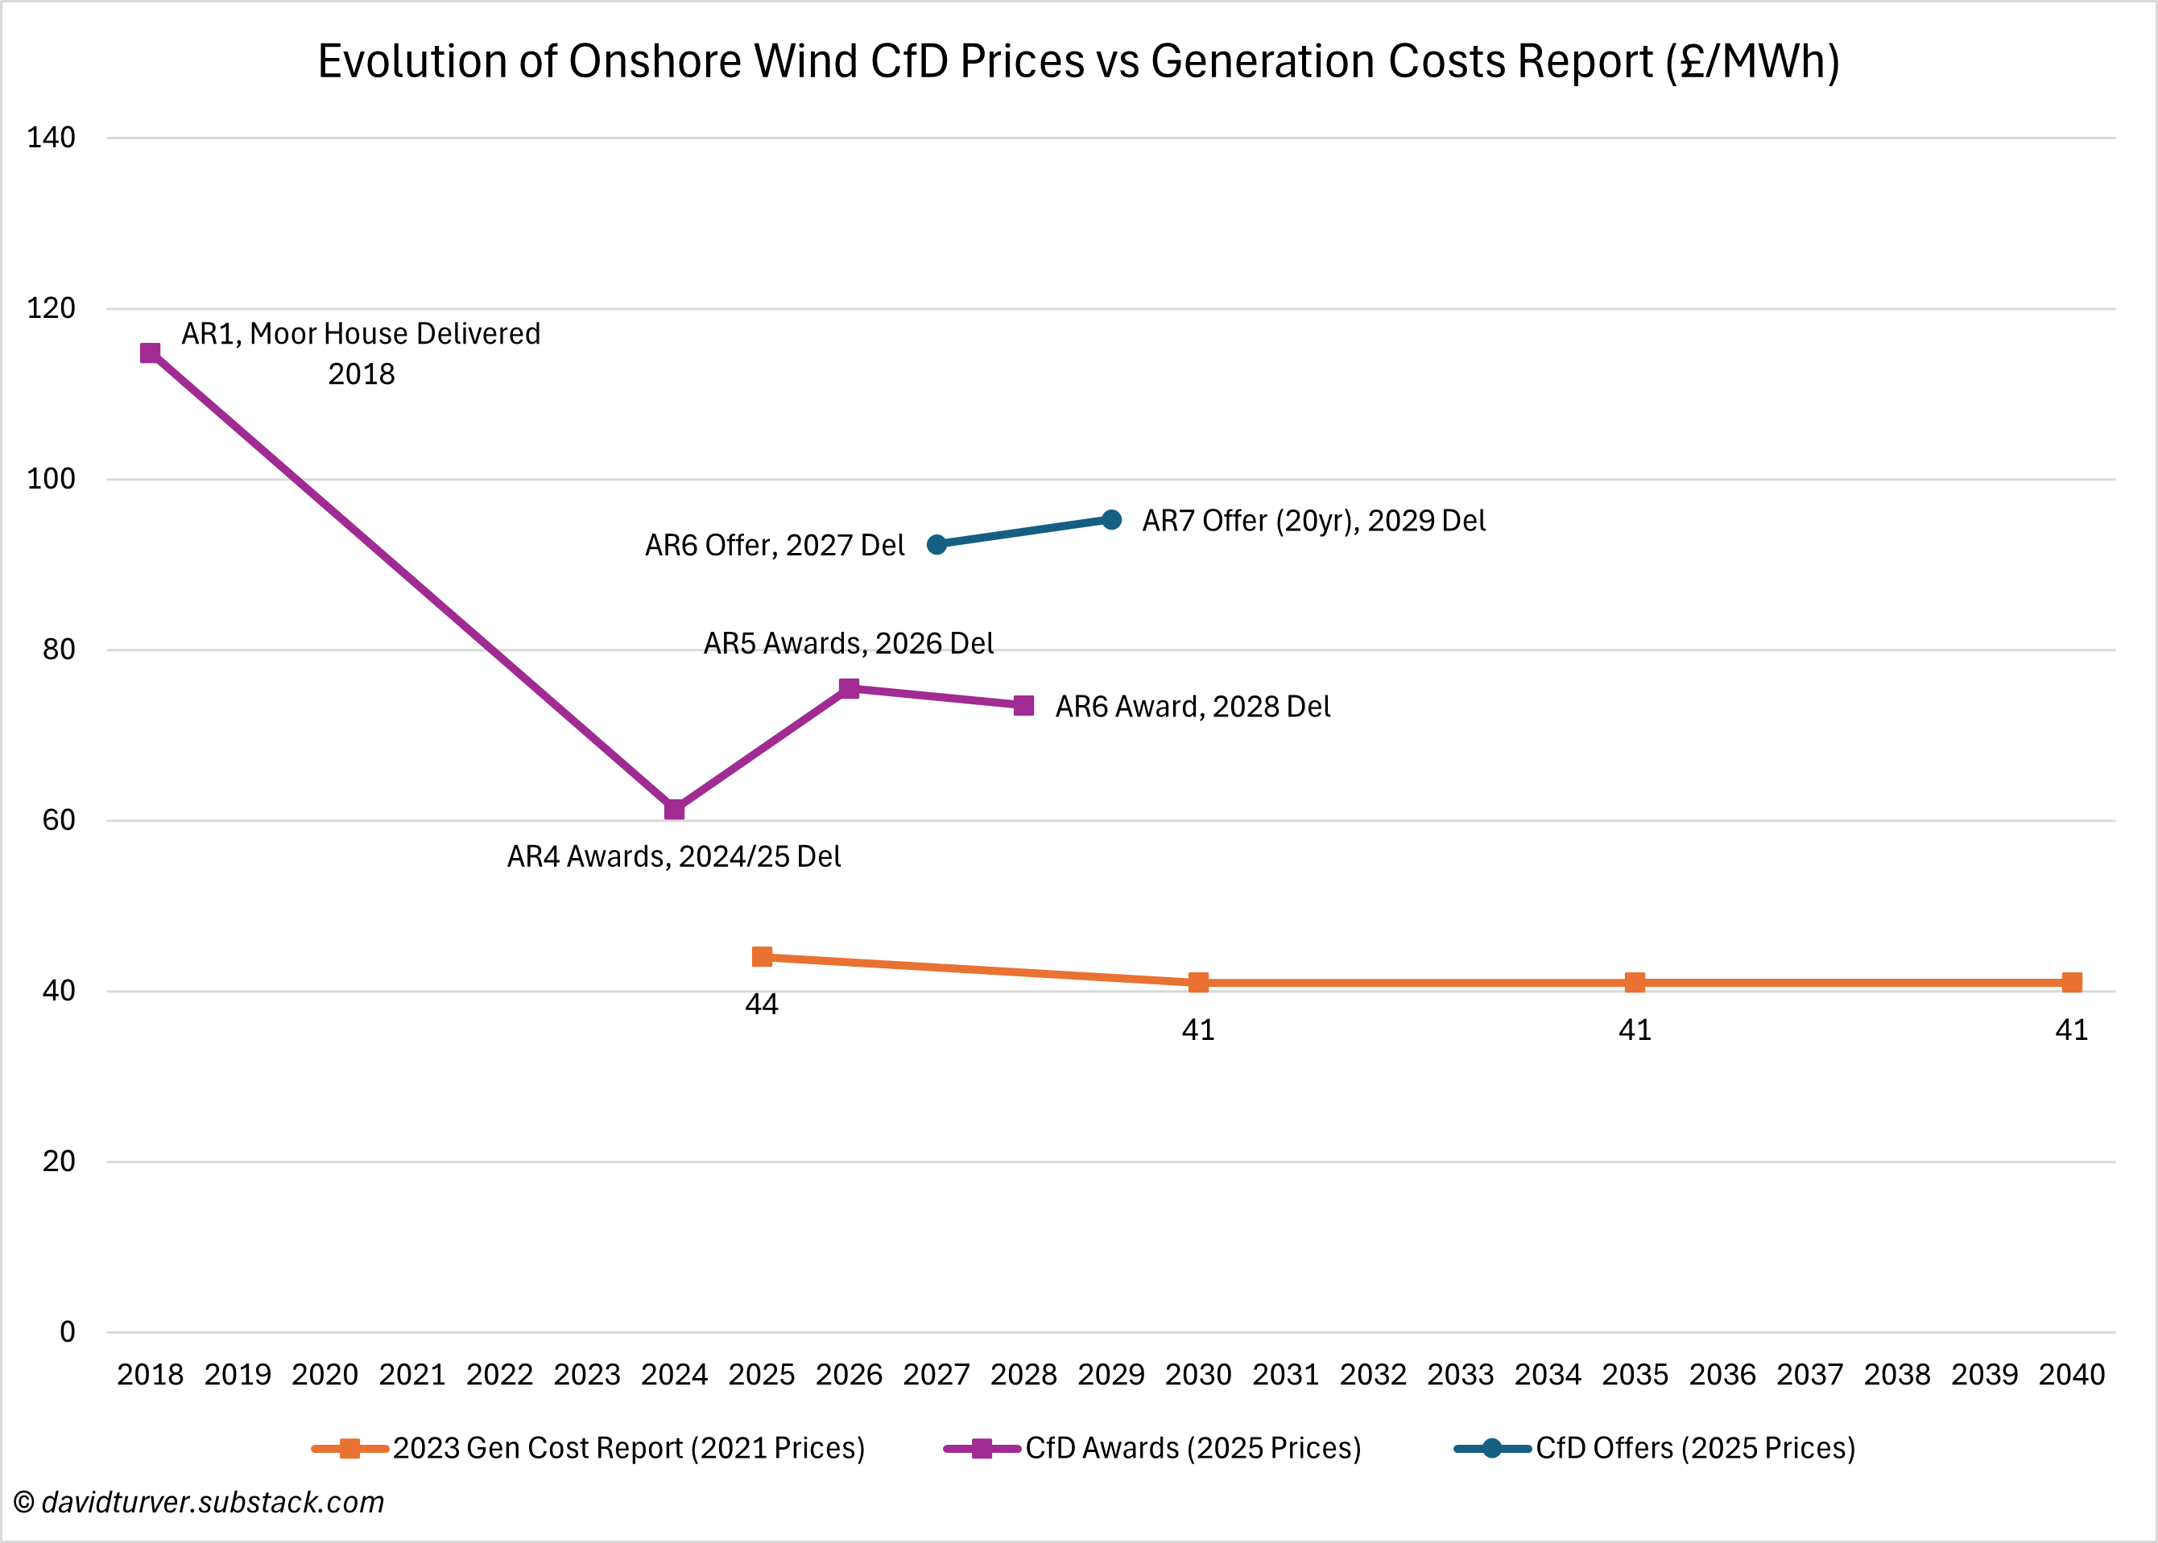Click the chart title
[x=1078, y=62]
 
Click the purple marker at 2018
[x=150, y=353]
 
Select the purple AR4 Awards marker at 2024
[x=674, y=810]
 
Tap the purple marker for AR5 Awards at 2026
[x=849, y=689]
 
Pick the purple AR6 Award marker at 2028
[x=1023, y=706]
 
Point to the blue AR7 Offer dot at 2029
[x=1111, y=520]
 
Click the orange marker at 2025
[x=762, y=957]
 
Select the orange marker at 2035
[x=1635, y=983]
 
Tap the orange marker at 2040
[x=2072, y=983]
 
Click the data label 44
[x=762, y=1005]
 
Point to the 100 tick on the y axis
[x=52, y=479]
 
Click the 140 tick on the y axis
[x=52, y=138]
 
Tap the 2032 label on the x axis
[x=1373, y=1375]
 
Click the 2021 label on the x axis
[x=412, y=1375]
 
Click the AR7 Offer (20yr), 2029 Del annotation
[x=1313, y=521]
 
